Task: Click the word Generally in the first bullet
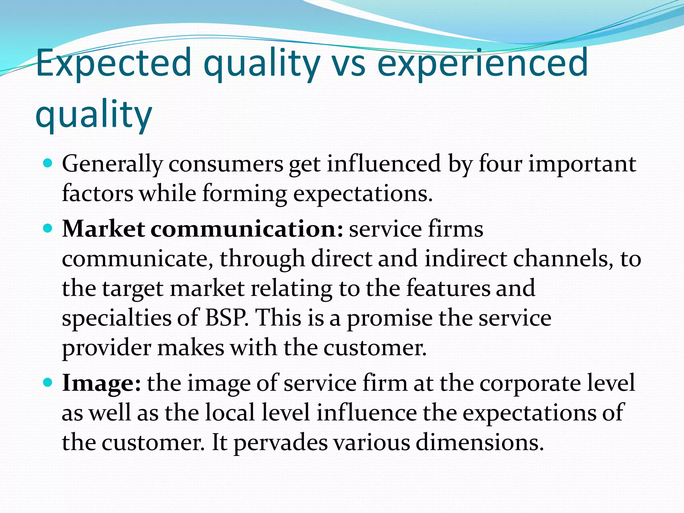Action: [x=112, y=164]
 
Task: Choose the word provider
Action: [x=107, y=347]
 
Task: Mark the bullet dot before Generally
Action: [x=48, y=163]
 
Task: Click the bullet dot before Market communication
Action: [x=48, y=228]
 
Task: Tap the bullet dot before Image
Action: [x=48, y=382]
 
